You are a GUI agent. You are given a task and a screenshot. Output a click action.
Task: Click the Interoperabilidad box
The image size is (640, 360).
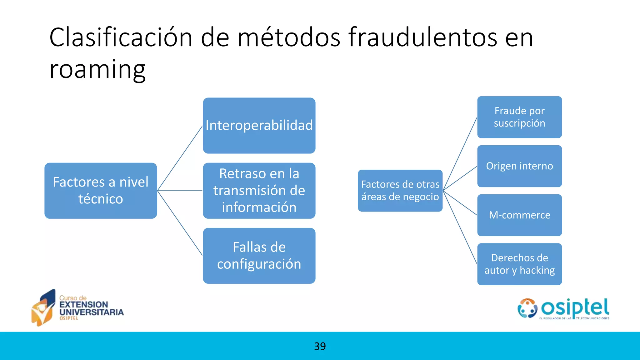click(259, 126)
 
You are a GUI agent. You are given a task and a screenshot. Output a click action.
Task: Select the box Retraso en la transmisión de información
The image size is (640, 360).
click(259, 191)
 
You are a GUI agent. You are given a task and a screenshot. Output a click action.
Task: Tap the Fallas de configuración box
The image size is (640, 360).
click(259, 256)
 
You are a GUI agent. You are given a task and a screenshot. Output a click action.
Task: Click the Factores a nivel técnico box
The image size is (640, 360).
click(101, 191)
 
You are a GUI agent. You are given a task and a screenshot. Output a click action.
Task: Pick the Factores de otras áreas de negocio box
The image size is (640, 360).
click(400, 191)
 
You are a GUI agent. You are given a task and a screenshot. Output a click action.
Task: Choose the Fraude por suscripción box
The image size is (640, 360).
click(519, 117)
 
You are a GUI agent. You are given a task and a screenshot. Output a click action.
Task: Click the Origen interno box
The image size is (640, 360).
click(519, 166)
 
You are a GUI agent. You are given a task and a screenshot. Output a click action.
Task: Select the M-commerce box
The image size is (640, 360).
click(519, 215)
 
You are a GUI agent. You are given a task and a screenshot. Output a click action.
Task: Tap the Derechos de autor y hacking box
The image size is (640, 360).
click(519, 264)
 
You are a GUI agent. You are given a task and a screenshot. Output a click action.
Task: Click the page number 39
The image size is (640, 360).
click(320, 346)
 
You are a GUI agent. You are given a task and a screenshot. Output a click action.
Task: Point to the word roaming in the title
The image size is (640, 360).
click(97, 69)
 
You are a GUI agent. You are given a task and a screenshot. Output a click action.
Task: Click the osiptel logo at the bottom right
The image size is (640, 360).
click(563, 309)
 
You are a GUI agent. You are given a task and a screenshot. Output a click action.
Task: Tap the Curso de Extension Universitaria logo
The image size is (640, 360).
click(77, 308)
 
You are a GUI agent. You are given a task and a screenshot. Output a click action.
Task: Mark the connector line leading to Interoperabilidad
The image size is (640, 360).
click(180, 158)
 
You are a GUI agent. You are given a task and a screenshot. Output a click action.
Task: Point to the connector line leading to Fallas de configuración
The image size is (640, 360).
click(180, 223)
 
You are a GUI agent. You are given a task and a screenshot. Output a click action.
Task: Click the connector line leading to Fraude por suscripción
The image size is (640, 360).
click(460, 154)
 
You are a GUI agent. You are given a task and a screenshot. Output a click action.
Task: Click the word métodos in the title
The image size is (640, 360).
click(289, 37)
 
